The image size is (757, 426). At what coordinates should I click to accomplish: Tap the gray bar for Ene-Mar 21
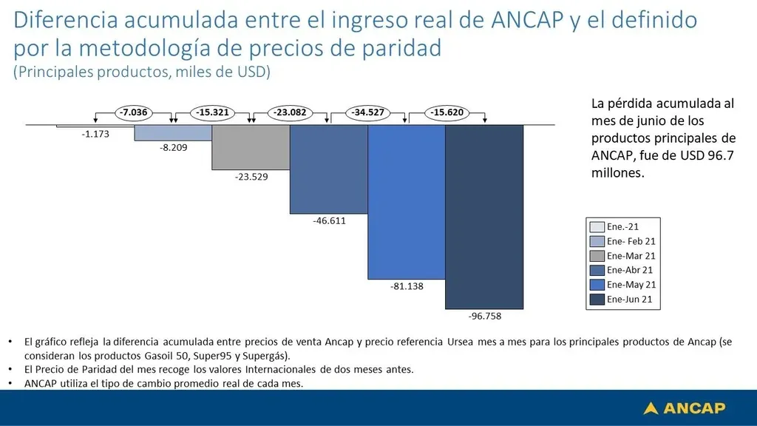click(x=251, y=146)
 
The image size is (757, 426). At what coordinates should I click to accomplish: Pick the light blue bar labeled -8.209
click(x=173, y=132)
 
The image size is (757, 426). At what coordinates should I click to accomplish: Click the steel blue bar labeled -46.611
click(x=328, y=169)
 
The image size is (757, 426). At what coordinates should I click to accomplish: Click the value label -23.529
click(x=251, y=177)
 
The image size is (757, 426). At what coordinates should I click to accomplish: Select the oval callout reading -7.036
click(x=133, y=112)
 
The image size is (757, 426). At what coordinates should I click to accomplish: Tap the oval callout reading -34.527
click(x=368, y=112)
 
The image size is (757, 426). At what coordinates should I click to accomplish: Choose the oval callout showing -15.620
click(x=447, y=112)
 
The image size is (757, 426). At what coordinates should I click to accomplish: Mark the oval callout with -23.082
click(x=290, y=112)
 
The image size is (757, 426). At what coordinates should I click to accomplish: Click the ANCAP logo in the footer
click(x=685, y=408)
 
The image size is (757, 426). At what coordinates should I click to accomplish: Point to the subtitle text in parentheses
click(x=142, y=72)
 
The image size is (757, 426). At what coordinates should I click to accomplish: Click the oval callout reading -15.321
click(x=211, y=112)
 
